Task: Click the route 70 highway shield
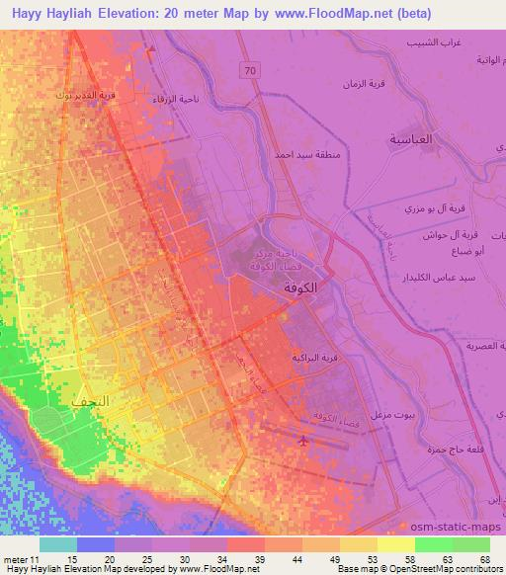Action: [x=252, y=70]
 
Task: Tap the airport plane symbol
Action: [x=300, y=441]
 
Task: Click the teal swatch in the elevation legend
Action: [x=58, y=544]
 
